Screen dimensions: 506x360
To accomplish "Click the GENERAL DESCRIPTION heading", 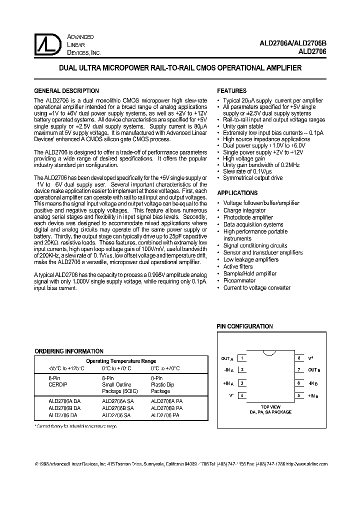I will pos(66,91).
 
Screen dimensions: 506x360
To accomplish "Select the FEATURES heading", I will pos(231,91).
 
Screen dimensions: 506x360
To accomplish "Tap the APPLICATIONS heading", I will pos(237,193).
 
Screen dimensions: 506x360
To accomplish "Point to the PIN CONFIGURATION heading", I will pos(244,326).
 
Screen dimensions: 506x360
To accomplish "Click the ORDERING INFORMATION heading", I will pos(69,351).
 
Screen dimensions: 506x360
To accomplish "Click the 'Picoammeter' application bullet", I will pos(239,281).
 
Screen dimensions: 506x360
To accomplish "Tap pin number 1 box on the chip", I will pos(242,358).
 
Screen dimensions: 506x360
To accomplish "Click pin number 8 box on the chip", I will pos(299,358).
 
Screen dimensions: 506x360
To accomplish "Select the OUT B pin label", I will pos(313,370).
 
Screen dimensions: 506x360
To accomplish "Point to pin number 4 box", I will pos(242,395).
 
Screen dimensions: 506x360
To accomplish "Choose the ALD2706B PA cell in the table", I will pos(166,407).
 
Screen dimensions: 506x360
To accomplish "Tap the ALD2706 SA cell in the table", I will pos(116,415).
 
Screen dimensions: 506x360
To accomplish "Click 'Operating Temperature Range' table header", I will pos(121,361).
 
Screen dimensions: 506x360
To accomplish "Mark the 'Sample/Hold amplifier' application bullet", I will pos(250,274).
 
